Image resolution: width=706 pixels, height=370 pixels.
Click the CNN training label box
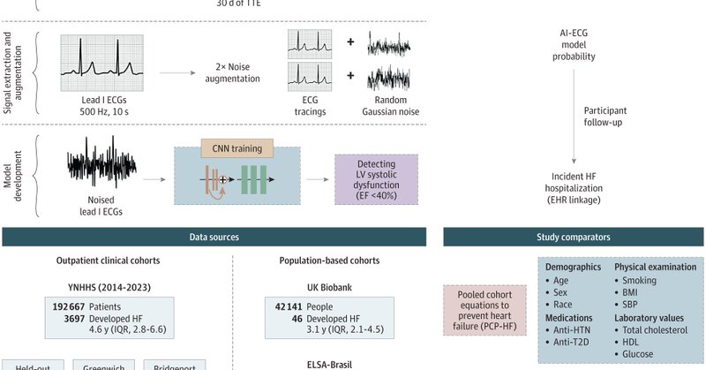coord(237,148)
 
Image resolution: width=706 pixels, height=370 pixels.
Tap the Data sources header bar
coord(214,238)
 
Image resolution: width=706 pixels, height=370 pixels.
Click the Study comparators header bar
coord(574,238)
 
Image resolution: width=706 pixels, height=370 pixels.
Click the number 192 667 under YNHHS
coord(73,305)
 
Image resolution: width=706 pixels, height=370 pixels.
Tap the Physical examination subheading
coord(658,266)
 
